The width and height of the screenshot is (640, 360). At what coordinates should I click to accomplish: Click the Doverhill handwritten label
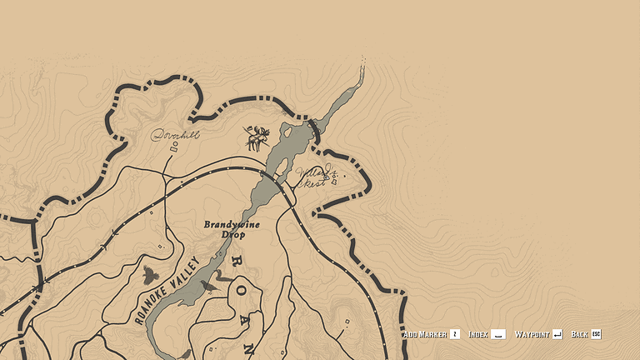pos(175,134)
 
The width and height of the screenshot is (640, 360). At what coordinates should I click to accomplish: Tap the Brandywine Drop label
pos(232,229)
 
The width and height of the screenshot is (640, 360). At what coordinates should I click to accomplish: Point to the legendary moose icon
pos(257,137)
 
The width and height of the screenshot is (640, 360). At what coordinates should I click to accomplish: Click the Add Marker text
pos(424,334)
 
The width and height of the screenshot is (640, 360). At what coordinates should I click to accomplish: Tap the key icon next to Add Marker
pos(454,334)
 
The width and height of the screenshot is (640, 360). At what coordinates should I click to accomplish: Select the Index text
pos(477,334)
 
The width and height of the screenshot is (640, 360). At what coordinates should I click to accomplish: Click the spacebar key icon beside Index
pos(497,334)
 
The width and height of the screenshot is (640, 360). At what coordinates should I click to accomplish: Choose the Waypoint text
pos(532,334)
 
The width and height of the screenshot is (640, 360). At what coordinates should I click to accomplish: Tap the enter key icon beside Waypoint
pos(557,334)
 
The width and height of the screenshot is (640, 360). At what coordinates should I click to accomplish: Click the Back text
pos(579,334)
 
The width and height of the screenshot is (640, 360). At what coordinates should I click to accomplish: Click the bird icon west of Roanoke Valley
pos(150,275)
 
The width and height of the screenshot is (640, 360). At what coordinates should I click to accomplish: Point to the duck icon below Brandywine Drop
pos(207,286)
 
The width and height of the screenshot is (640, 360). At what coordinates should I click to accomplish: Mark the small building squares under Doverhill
pos(174,148)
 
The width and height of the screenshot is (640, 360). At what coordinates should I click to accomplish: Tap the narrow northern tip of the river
pos(362,65)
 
